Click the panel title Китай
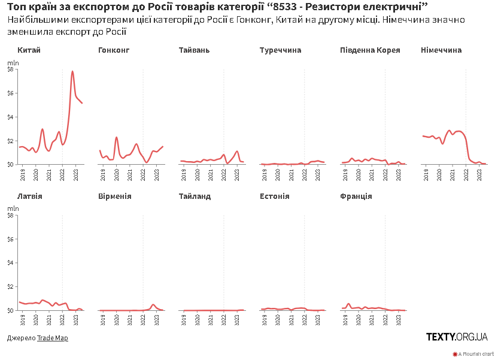tap(29, 50)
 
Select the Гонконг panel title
tap(114, 50)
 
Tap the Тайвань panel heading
tap(194, 50)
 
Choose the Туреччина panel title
tap(280, 50)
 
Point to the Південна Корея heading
tap(369, 50)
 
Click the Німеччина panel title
tap(441, 50)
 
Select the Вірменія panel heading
tap(114, 196)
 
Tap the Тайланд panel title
tap(195, 196)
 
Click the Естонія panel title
tap(275, 196)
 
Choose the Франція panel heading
tap(356, 196)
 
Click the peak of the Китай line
tap(72, 71)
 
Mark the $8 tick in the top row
tap(11, 69)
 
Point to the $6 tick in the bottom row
tap(11, 239)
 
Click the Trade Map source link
tap(52, 338)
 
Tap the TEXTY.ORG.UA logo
tap(457, 337)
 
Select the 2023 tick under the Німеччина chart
tap(480, 174)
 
